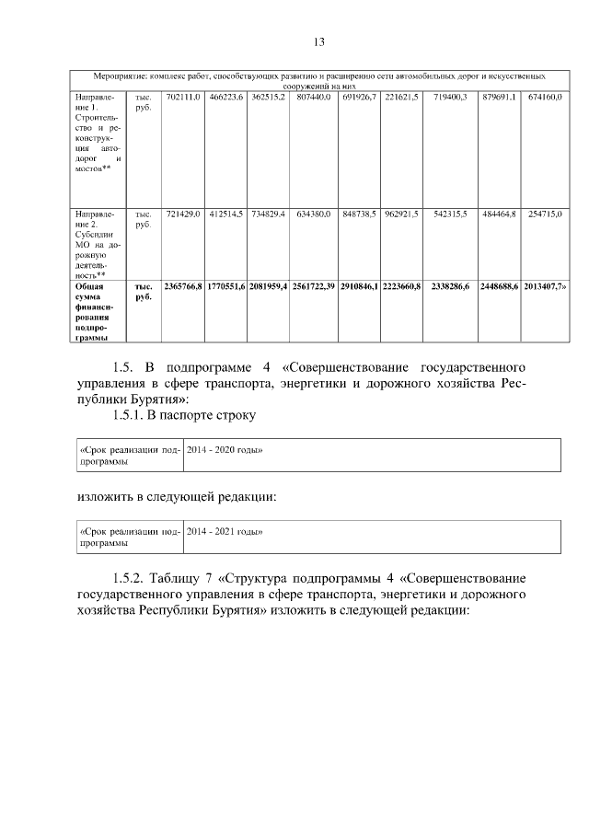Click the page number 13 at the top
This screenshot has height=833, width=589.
click(319, 41)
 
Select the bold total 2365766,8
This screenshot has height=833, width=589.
click(183, 288)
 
